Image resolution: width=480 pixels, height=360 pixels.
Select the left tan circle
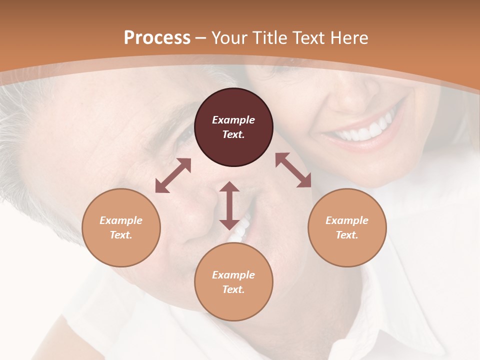[x=121, y=227]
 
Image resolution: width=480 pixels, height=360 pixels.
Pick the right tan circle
[x=347, y=227]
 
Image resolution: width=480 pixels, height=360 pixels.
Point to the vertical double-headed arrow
[x=229, y=205]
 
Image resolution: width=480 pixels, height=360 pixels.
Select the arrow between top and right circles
[x=293, y=170]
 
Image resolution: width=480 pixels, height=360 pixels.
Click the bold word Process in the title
[x=157, y=37]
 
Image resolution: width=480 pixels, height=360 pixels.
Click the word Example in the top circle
[x=233, y=120]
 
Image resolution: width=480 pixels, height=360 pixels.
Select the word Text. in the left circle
[x=121, y=235]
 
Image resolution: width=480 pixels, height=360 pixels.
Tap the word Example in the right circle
[x=347, y=220]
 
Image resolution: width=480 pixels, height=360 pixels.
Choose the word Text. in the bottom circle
[x=233, y=289]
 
